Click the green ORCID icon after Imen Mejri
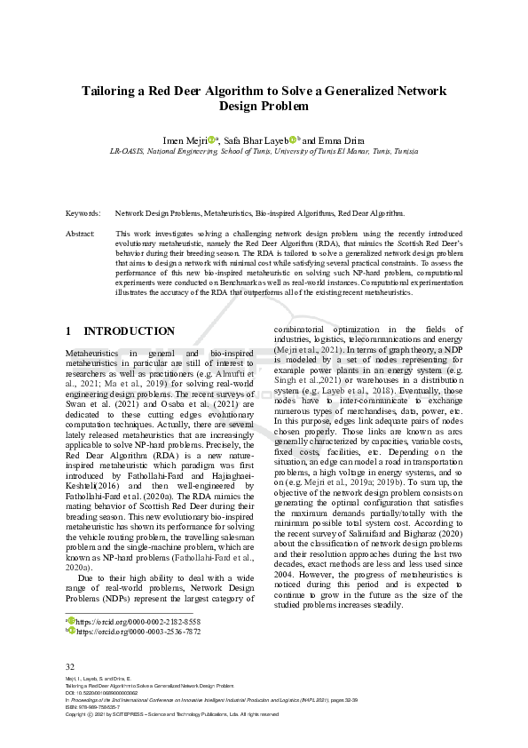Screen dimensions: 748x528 coord(211,139)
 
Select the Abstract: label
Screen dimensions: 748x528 coord(81,233)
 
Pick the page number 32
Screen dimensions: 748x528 coord(71,665)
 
